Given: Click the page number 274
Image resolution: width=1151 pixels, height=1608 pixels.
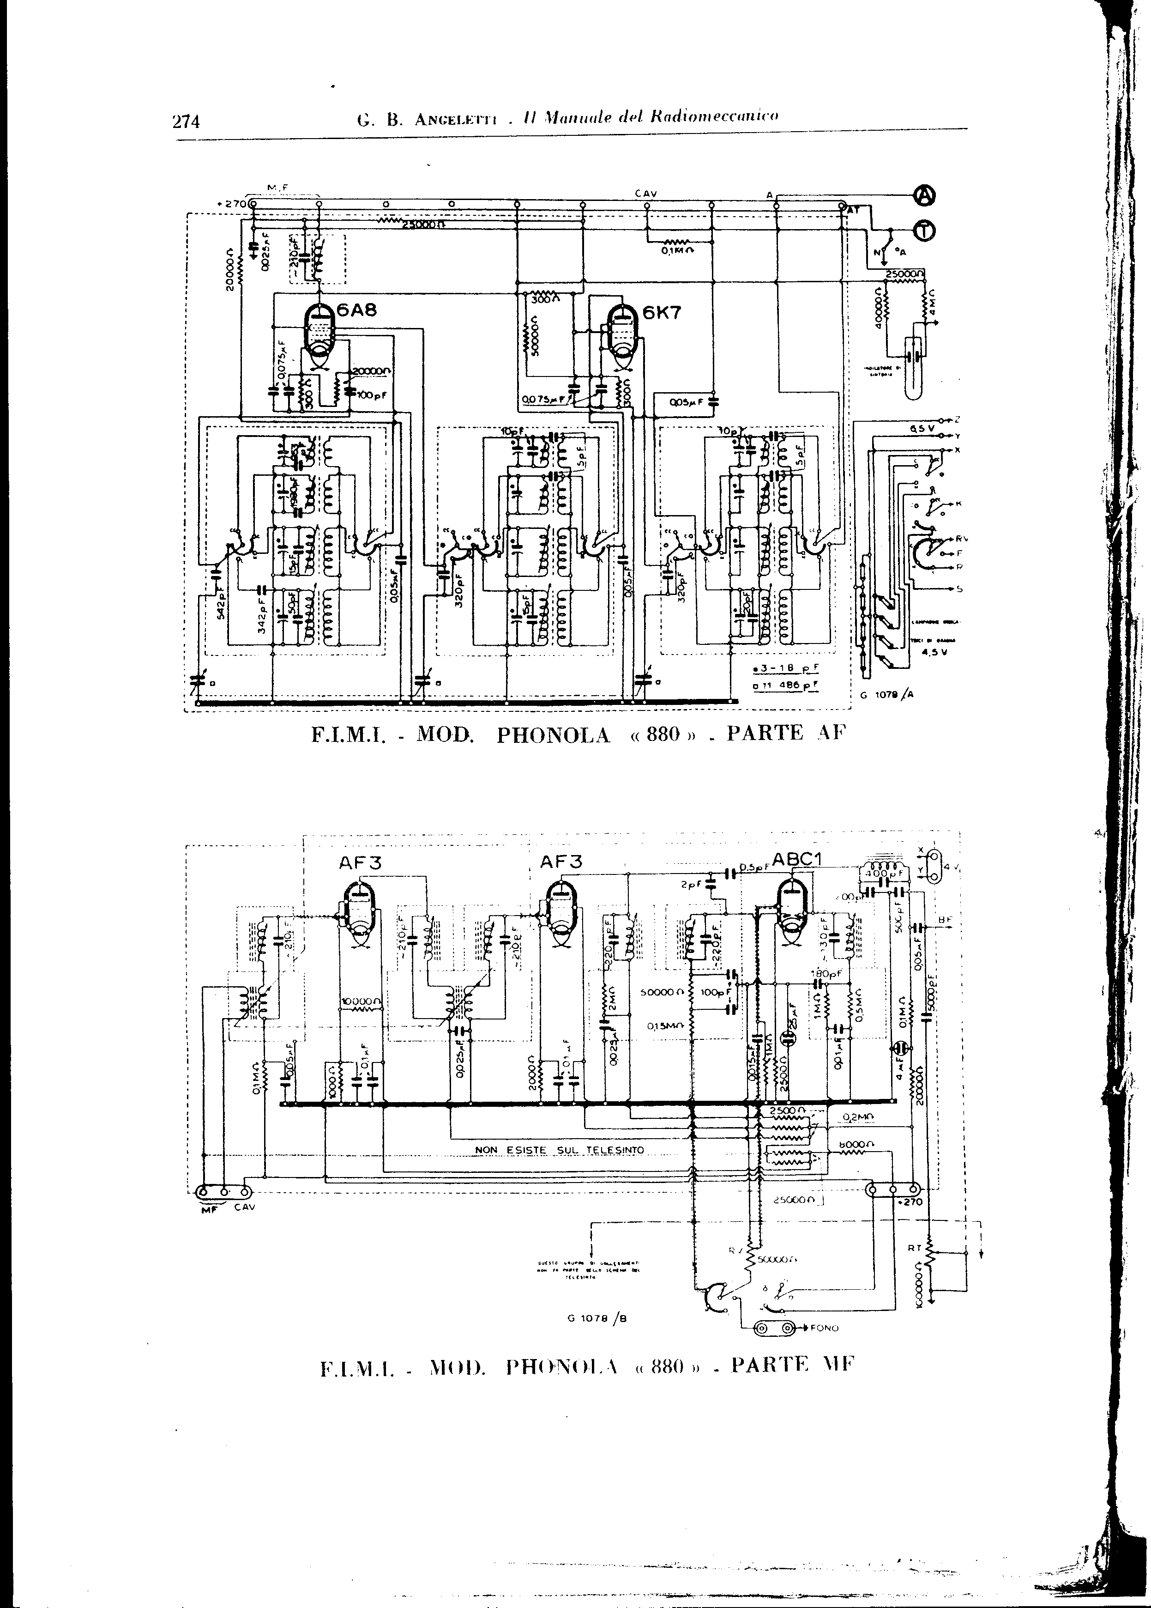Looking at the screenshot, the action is (187, 121).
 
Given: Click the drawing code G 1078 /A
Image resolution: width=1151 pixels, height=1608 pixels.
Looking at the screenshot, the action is (886, 695).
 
